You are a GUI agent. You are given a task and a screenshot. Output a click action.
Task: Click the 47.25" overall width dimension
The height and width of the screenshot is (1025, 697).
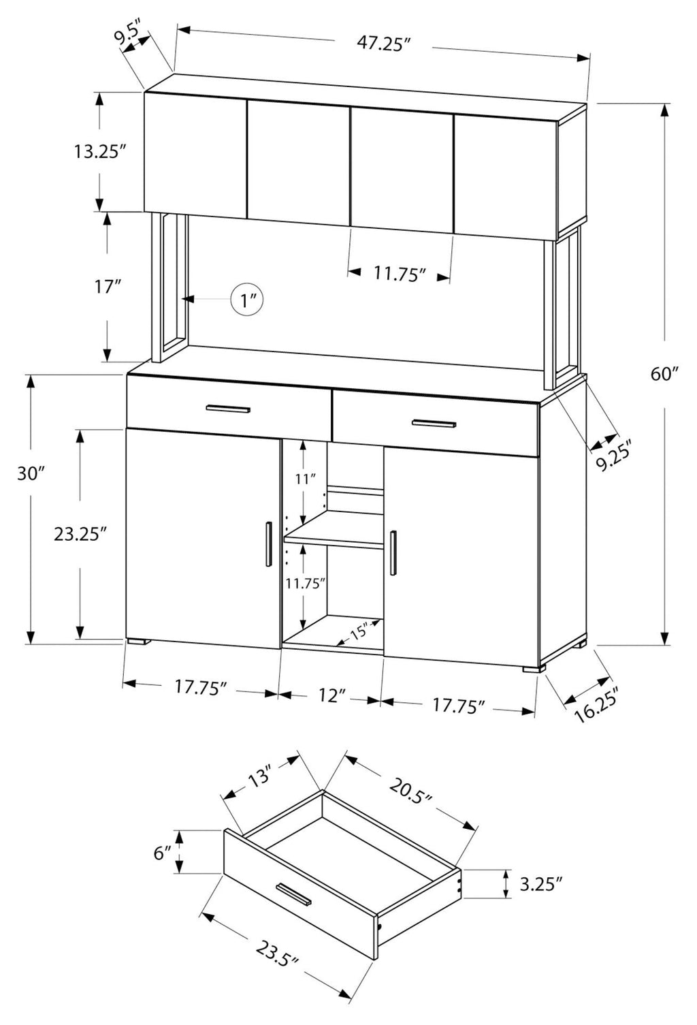(x=383, y=44)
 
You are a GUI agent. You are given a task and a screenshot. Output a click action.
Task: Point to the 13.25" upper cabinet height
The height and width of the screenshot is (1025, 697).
(x=100, y=151)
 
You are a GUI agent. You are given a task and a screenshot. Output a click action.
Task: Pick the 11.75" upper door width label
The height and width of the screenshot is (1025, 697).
(x=401, y=274)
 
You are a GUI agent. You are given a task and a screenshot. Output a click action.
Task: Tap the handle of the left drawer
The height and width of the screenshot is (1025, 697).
(x=228, y=409)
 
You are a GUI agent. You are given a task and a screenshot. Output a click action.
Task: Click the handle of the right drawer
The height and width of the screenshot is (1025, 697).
(x=434, y=423)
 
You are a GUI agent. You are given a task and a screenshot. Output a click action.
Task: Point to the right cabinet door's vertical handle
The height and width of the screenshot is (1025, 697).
(x=393, y=553)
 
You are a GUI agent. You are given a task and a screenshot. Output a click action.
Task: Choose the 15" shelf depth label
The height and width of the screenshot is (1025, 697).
(x=359, y=633)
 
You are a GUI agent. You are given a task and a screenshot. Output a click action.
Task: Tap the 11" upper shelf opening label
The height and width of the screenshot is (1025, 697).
(x=306, y=479)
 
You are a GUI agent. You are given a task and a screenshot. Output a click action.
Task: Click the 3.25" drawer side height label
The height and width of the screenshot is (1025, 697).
(x=540, y=884)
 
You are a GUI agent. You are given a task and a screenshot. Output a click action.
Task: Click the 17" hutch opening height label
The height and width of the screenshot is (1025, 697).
(x=107, y=287)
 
